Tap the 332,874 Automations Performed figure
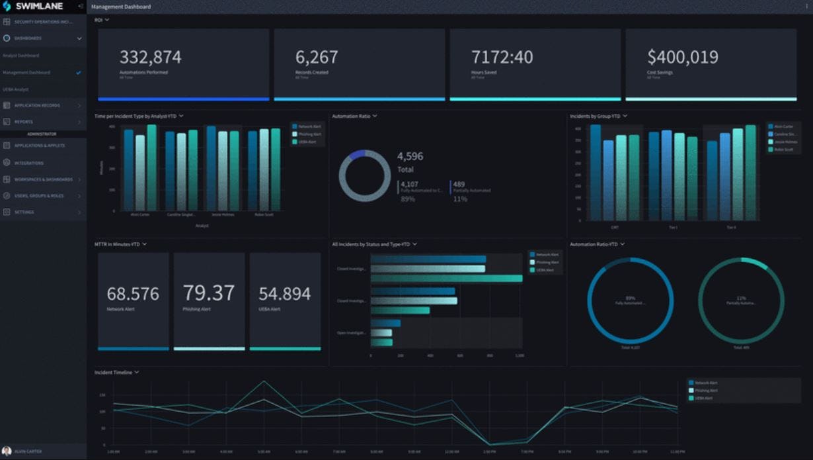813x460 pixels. (150, 58)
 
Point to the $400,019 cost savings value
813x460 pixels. (683, 58)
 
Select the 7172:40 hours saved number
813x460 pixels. (502, 58)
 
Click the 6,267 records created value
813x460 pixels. (317, 58)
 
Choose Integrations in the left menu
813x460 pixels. (29, 163)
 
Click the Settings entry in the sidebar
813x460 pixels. (24, 212)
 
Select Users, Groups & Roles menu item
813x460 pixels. (39, 196)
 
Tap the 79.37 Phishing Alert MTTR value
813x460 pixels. (209, 293)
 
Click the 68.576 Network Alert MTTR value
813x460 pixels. (133, 294)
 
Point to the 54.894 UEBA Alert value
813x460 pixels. (284, 294)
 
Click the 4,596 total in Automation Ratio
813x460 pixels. (410, 156)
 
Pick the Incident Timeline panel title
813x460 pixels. (113, 373)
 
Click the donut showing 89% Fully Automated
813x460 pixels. (630, 300)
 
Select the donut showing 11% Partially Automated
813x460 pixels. (741, 300)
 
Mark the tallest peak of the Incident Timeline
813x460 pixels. (264, 381)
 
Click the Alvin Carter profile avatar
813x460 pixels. (7, 451)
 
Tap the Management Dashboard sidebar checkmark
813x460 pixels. (79, 73)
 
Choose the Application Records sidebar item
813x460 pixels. (37, 105)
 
